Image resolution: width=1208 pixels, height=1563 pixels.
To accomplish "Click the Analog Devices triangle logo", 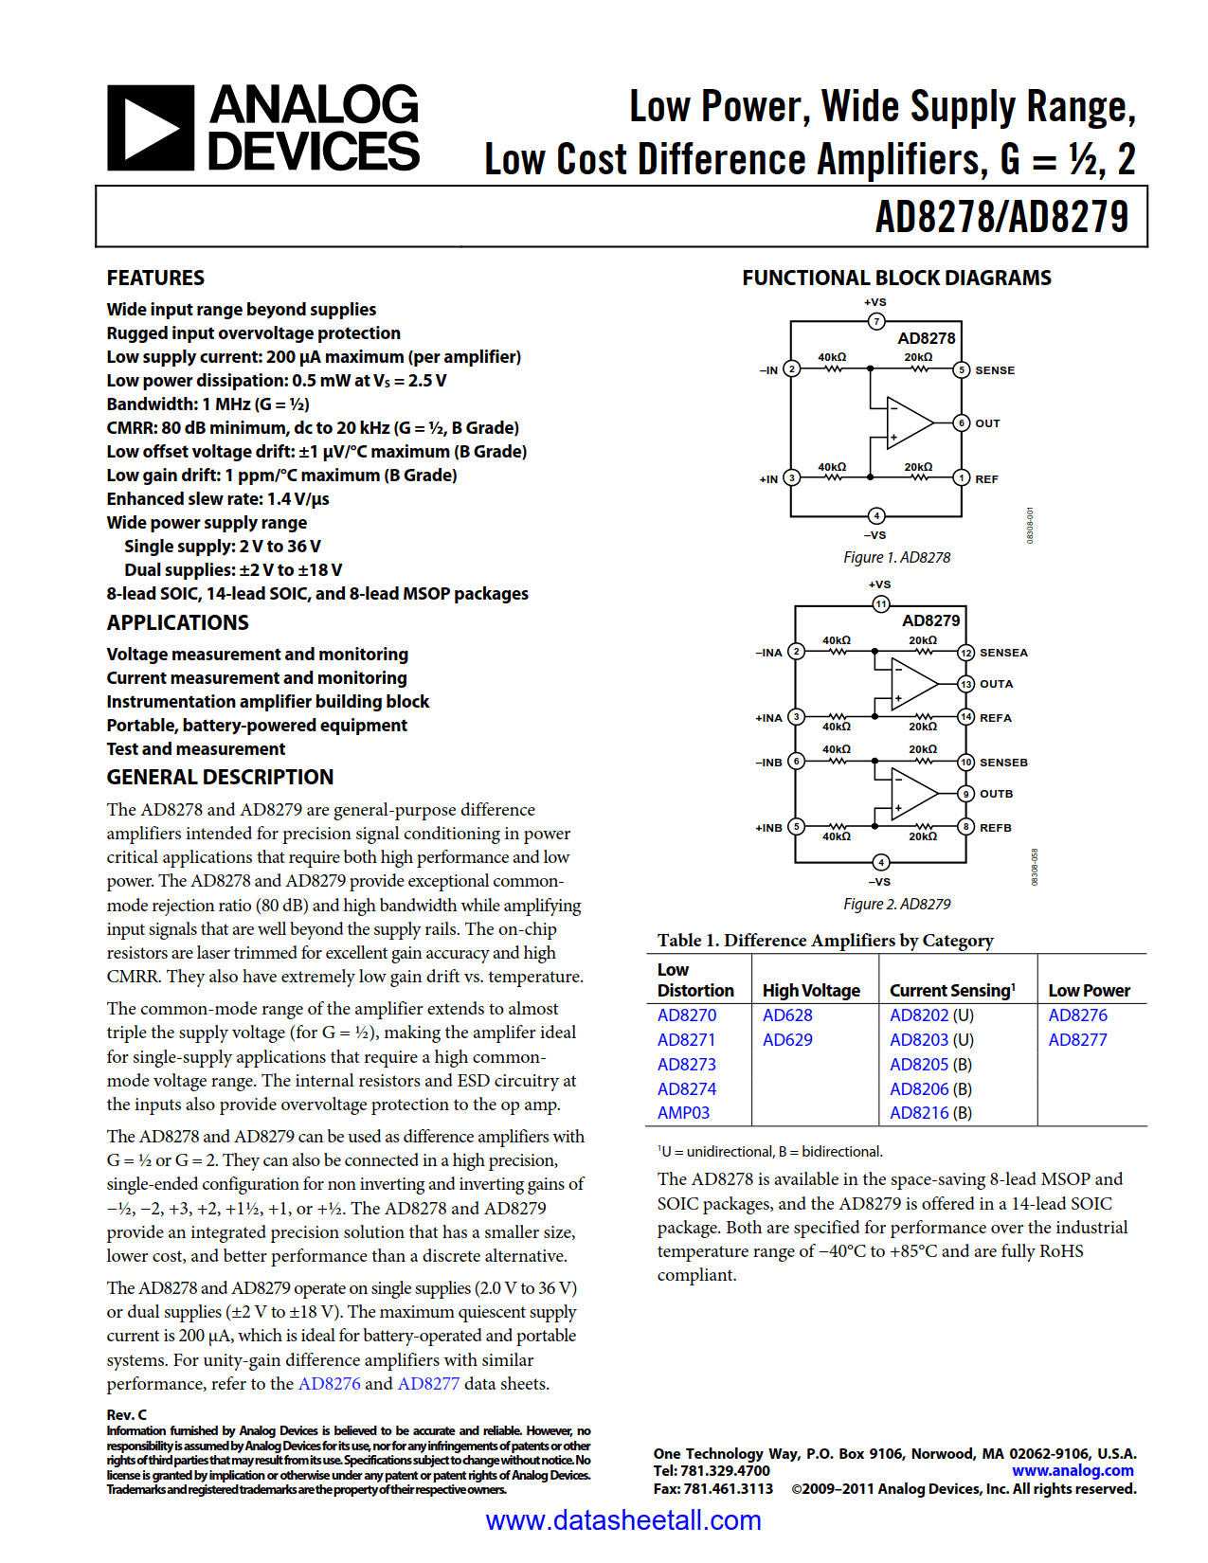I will tap(151, 128).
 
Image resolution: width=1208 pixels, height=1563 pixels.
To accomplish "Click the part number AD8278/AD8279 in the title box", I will tap(1001, 217).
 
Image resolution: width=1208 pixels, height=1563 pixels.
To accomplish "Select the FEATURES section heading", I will tap(155, 278).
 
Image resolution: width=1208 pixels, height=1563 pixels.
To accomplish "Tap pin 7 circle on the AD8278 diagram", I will tap(876, 321).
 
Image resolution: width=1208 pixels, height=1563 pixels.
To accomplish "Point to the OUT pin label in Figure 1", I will tap(987, 423).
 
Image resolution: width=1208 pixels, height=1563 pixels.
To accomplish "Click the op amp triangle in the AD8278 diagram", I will tap(908, 422).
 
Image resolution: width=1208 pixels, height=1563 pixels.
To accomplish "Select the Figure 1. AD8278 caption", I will tap(896, 558).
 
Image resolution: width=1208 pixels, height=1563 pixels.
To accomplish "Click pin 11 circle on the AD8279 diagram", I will tap(881, 604).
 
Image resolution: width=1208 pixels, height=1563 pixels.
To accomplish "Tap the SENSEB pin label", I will tap(1003, 763).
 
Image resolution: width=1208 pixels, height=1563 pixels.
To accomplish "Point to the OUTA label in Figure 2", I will tap(996, 684).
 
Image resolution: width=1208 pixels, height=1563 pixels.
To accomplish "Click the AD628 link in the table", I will tap(787, 1015).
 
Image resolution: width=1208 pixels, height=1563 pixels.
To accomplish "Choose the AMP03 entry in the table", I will tap(683, 1113).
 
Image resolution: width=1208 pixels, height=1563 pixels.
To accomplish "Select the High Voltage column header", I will tap(811, 991).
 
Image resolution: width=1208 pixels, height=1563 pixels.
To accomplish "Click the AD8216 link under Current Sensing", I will tap(919, 1113).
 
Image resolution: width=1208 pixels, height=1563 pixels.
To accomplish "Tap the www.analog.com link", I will tap(1073, 1471).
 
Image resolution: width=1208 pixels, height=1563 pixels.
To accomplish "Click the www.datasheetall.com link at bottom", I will tap(623, 1520).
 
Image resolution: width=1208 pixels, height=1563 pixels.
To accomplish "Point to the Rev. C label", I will tap(127, 1414).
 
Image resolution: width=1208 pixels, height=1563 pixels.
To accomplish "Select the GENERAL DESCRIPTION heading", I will tap(220, 777).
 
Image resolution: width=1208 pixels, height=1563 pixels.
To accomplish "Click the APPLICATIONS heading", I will tap(178, 622).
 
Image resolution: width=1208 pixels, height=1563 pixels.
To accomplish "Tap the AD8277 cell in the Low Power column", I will tap(1077, 1040).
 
